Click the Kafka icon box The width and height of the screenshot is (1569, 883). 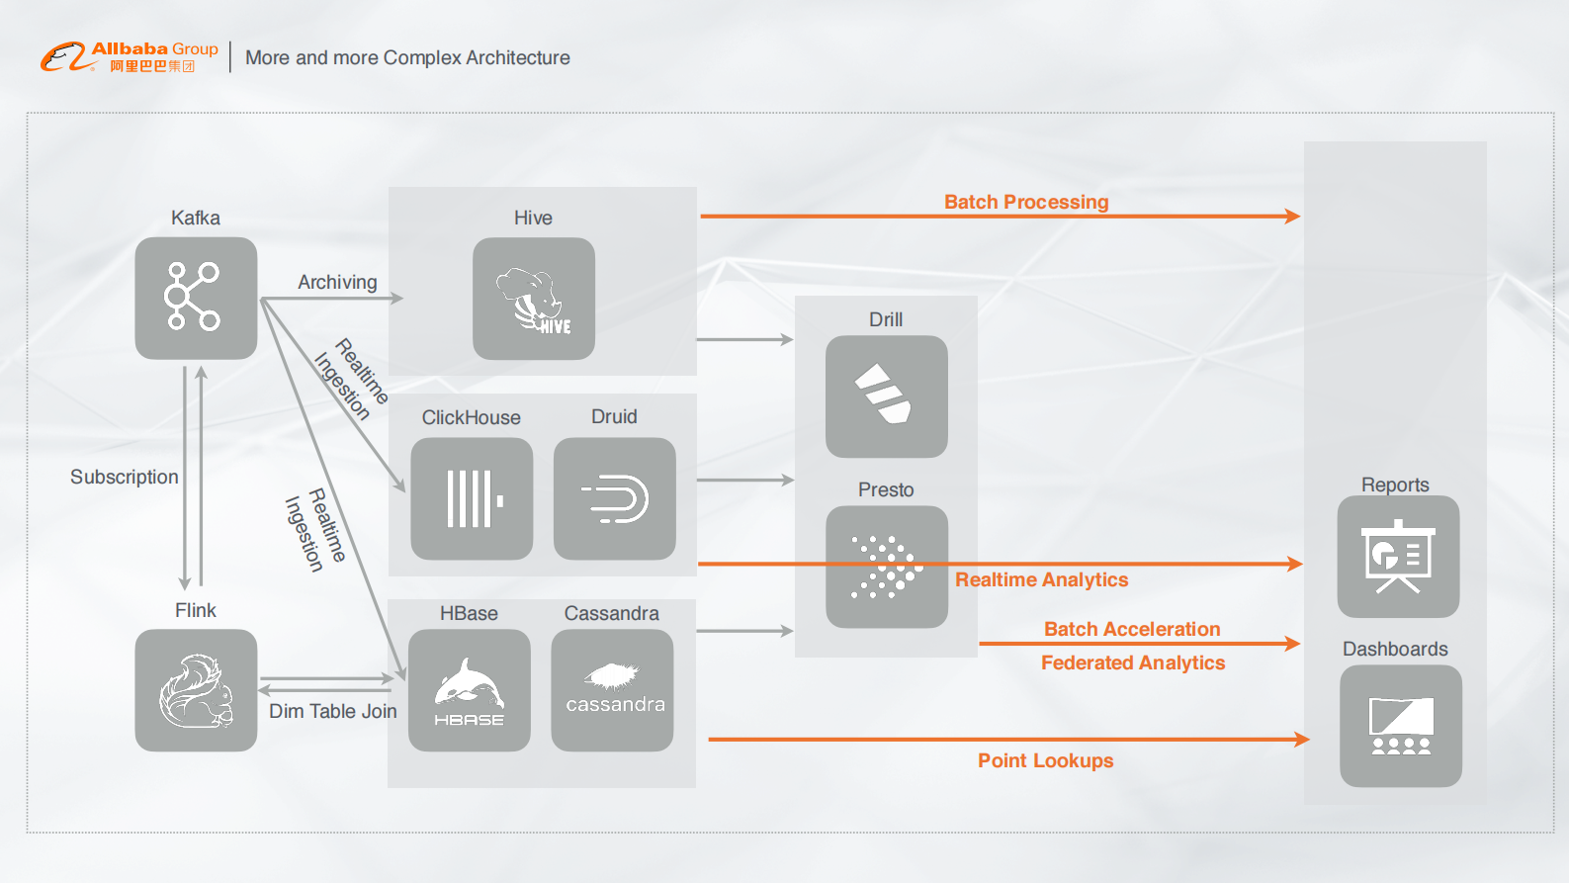click(196, 298)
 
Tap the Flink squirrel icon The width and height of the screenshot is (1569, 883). click(196, 690)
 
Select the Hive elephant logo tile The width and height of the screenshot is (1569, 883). click(534, 299)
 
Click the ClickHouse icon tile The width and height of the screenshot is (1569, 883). click(472, 498)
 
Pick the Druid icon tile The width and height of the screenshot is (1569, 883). click(615, 498)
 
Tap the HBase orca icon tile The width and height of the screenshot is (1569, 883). click(470, 690)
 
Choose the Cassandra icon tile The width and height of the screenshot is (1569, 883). click(613, 690)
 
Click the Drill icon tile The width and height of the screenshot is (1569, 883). click(887, 396)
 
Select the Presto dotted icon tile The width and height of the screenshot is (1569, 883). click(887, 568)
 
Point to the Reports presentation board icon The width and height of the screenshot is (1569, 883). click(1398, 557)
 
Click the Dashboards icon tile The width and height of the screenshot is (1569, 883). click(1400, 726)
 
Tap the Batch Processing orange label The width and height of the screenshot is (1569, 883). click(1026, 202)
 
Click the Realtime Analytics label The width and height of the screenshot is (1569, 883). click(1041, 579)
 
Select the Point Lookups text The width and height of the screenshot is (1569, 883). click(1045, 760)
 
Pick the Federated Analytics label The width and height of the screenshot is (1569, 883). click(1132, 662)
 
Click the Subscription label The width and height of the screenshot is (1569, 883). click(125, 477)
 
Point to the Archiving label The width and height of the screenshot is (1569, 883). click(337, 282)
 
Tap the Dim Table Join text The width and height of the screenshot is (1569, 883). click(332, 711)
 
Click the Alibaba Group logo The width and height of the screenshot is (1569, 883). click(130, 56)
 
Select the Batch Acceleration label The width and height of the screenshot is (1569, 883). click(1132, 629)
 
